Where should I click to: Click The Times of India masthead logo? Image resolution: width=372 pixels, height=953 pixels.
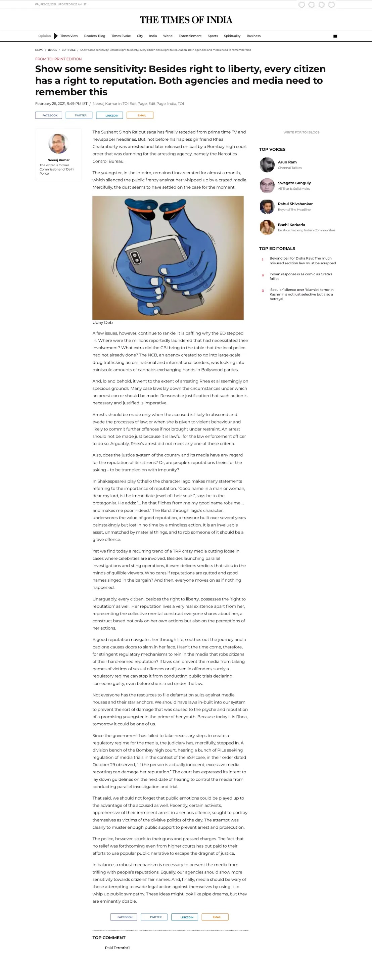pyautogui.click(x=186, y=20)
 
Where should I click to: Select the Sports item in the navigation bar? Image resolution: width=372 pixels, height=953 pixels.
pyautogui.click(x=213, y=36)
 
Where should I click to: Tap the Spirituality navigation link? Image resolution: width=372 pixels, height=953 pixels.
pyautogui.click(x=232, y=36)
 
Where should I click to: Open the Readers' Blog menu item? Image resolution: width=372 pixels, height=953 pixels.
pyautogui.click(x=94, y=36)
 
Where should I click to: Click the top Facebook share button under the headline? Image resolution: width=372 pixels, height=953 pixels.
pyautogui.click(x=48, y=115)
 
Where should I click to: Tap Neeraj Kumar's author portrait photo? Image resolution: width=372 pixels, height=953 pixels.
pyautogui.click(x=58, y=143)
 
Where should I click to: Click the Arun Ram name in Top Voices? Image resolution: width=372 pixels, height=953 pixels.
pyautogui.click(x=287, y=162)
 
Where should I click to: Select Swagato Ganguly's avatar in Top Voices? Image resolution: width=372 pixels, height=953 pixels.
pyautogui.click(x=267, y=185)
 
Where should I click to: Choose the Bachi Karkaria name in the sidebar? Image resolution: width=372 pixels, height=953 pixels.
pyautogui.click(x=291, y=225)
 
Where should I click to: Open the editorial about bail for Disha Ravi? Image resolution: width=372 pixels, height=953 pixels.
pyautogui.click(x=303, y=261)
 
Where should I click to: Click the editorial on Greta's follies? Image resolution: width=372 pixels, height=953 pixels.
pyautogui.click(x=300, y=276)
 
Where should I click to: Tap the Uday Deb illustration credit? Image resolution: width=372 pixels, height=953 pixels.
pyautogui.click(x=102, y=322)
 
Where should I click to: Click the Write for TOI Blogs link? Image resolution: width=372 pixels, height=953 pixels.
pyautogui.click(x=301, y=132)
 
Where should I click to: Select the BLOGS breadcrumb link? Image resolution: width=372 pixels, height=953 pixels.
pyautogui.click(x=52, y=50)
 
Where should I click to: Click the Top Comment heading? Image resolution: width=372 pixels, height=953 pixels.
pyautogui.click(x=109, y=938)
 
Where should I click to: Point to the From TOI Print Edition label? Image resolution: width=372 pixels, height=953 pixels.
pyautogui.click(x=58, y=59)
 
